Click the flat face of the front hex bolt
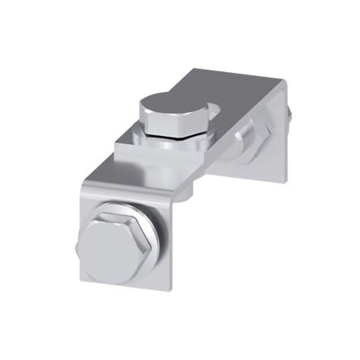pos(112,249)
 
